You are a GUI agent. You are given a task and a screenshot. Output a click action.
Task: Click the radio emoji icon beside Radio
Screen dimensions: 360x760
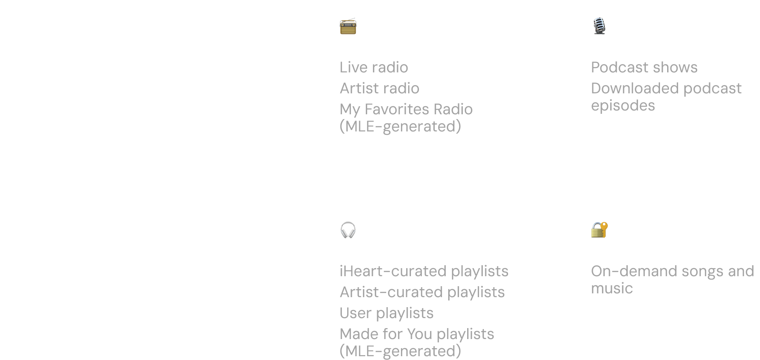348,27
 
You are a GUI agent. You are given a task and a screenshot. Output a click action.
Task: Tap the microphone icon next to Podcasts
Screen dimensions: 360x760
599,26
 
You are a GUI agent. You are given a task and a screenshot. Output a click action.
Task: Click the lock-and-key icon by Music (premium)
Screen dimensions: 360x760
599,230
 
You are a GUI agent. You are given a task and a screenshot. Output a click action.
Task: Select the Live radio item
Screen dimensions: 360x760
374,67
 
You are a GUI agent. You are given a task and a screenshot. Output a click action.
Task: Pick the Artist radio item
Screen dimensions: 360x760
380,88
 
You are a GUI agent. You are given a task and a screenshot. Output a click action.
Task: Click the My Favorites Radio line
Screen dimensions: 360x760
406,109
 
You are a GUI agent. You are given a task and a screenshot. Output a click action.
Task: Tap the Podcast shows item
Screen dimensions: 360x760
644,67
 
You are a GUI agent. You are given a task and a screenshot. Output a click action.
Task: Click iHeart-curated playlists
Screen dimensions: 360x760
424,271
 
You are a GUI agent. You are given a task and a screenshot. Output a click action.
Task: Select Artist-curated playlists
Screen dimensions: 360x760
422,292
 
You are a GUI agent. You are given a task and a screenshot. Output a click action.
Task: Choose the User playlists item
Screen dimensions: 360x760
386,313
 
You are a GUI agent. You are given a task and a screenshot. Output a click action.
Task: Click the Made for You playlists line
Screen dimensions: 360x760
417,334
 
